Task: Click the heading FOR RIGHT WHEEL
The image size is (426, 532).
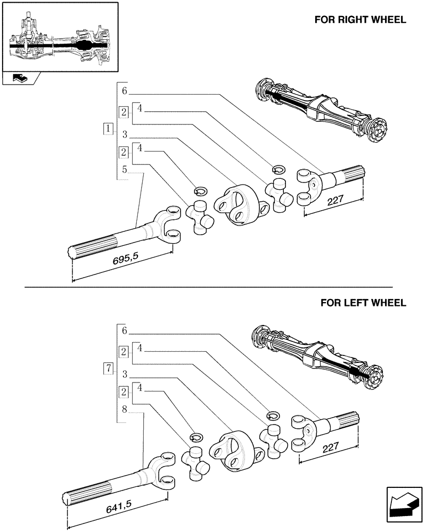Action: pyautogui.click(x=360, y=20)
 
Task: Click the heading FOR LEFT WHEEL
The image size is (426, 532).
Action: pyautogui.click(x=363, y=303)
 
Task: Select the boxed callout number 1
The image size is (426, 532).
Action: pyautogui.click(x=109, y=128)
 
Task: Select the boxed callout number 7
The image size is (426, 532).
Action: pyautogui.click(x=109, y=368)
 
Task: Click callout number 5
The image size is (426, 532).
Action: pyautogui.click(x=124, y=170)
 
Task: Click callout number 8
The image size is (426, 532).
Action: pyautogui.click(x=124, y=410)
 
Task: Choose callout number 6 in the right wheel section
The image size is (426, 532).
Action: pyautogui.click(x=124, y=91)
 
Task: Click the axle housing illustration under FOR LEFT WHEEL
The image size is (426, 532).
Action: pyautogui.click(x=317, y=353)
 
